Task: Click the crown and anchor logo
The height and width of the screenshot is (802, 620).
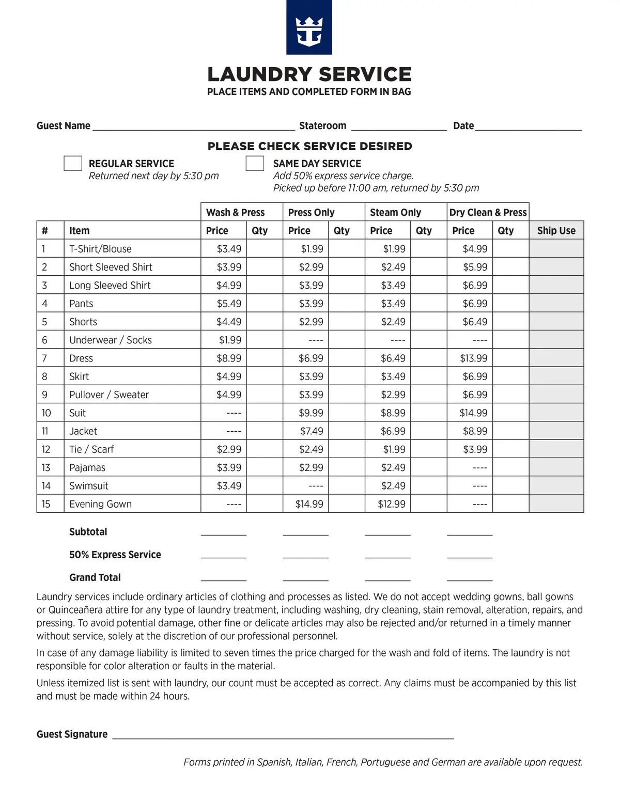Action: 309,28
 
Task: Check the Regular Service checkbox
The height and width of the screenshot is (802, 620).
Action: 73,163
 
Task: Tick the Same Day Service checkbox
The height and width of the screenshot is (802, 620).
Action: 255,163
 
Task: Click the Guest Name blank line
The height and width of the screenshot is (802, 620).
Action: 194,127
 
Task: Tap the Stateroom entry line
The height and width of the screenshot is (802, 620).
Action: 398,127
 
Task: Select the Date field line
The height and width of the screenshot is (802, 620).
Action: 528,127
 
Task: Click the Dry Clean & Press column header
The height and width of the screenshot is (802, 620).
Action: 488,212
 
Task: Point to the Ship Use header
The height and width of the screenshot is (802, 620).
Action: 556,231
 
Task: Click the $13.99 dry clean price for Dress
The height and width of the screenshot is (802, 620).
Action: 473,358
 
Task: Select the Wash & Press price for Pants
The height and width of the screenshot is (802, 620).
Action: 229,304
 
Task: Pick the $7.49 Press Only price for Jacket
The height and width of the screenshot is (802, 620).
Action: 312,431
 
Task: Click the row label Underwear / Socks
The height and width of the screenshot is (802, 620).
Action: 111,340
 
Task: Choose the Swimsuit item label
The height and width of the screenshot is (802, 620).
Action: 89,486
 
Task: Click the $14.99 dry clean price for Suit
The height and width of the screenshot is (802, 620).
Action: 473,413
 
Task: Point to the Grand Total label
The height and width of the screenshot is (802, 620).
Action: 95,577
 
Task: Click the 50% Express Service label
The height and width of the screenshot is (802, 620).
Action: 115,555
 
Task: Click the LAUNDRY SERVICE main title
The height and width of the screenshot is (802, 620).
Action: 309,74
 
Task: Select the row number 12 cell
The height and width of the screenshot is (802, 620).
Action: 47,449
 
